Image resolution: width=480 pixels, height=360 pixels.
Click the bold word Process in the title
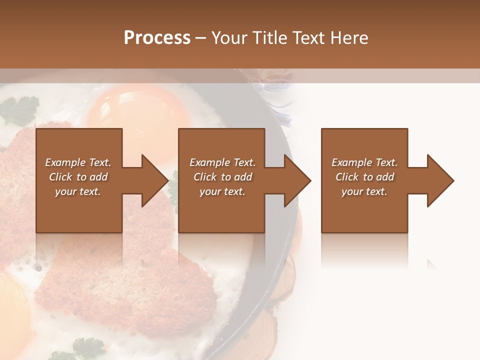tap(157, 38)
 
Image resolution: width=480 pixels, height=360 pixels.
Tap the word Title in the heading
tap(268, 38)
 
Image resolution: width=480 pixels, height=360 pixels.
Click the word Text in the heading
tap(307, 38)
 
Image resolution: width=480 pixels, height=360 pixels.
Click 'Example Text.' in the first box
tap(78, 162)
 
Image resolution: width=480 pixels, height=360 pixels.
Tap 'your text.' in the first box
tap(78, 191)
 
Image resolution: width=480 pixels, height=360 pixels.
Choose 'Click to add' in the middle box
tap(222, 177)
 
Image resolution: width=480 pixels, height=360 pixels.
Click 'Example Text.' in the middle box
tap(222, 162)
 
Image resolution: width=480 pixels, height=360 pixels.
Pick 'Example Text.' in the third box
tap(364, 162)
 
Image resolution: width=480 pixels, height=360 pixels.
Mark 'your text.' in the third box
tap(364, 191)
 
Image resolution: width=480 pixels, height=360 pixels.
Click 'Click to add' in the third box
tap(364, 177)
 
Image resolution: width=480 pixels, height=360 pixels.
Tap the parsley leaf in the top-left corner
tap(20, 110)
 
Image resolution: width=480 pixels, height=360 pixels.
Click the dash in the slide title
tap(200, 38)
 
